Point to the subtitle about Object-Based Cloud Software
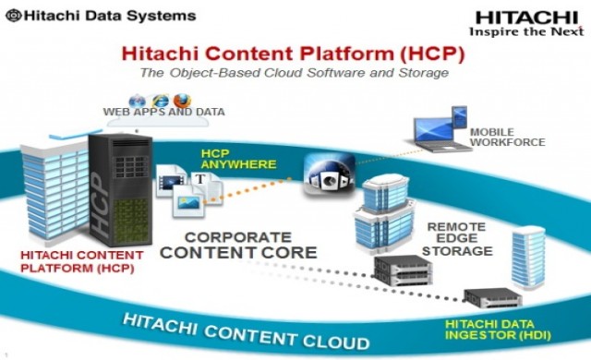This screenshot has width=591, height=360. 295,72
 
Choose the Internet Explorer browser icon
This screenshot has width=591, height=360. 162,99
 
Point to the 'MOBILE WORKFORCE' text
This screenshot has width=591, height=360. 507,137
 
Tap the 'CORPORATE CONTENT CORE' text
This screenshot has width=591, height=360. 248,244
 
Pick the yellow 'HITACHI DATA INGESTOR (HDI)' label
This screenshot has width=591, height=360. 494,330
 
